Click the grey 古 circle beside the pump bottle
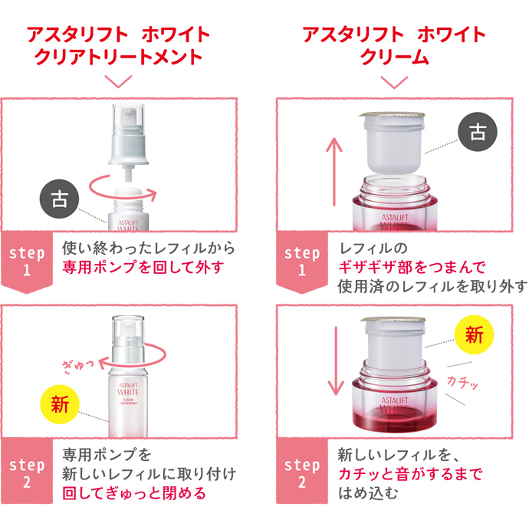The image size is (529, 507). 59,199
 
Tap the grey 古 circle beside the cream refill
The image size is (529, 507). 478,132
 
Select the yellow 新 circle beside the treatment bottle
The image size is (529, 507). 60,404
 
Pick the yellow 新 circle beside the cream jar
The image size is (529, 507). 474,334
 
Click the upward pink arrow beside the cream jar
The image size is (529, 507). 334,172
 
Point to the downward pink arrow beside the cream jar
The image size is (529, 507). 336,360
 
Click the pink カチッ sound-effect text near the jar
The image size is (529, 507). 462,382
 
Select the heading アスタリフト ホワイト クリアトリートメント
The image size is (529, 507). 118,45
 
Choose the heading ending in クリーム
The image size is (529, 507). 394,45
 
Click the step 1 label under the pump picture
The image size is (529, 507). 27,262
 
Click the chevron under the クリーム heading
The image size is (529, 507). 394,82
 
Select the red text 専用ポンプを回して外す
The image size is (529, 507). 143,268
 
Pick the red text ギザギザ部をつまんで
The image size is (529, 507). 412,267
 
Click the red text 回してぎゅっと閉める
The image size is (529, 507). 134,493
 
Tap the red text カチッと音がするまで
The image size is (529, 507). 410,474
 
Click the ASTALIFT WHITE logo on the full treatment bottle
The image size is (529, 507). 128,389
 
